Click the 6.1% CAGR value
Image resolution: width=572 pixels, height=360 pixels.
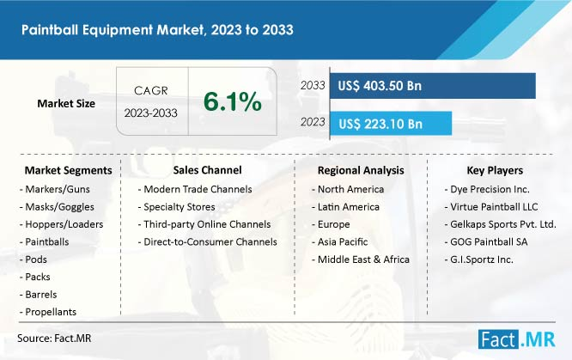click(233, 101)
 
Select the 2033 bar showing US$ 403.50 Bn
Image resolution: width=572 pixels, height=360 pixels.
click(432, 86)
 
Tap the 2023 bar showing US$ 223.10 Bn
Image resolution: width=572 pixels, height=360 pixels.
click(391, 124)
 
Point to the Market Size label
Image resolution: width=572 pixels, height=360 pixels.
click(66, 104)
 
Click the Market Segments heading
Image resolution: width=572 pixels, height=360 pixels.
click(68, 170)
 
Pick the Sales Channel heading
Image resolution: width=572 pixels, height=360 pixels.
click(207, 170)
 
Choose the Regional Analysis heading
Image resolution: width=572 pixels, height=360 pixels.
click(361, 170)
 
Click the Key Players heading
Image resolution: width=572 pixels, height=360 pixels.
click(495, 170)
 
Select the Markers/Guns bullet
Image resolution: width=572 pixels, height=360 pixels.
click(55, 189)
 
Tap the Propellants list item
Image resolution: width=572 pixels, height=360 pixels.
click(48, 312)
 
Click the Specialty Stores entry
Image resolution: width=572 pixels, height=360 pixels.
click(177, 207)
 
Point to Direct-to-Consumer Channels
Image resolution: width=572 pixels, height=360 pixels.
click(208, 241)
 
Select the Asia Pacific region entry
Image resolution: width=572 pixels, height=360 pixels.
click(339, 241)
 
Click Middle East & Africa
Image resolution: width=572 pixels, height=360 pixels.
click(361, 259)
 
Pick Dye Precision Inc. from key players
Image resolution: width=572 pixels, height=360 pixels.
click(487, 189)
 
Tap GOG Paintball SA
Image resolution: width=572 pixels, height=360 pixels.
click(486, 241)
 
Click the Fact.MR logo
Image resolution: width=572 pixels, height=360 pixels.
click(516, 339)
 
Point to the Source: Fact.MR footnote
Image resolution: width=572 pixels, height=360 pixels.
click(54, 339)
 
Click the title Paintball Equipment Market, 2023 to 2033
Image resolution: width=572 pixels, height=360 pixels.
click(157, 29)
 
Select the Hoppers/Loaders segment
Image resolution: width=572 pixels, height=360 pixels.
click(61, 224)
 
